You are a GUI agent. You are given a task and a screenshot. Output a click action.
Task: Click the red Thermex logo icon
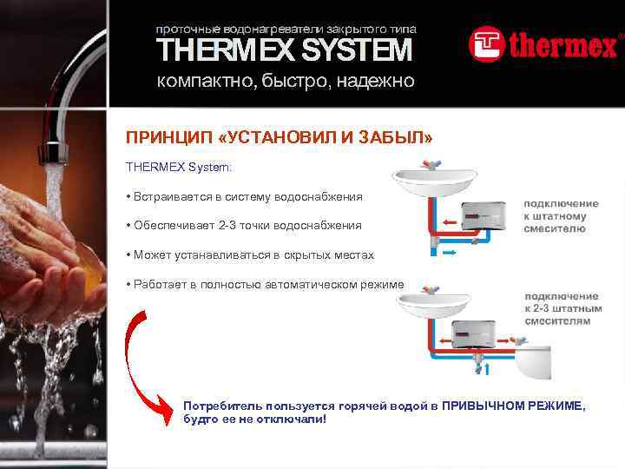[486, 44]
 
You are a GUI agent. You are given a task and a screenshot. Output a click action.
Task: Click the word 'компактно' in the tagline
[192, 82]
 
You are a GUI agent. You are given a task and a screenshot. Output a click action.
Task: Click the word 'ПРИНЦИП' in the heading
[161, 139]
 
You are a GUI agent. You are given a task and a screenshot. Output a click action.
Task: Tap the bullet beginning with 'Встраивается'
[244, 197]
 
